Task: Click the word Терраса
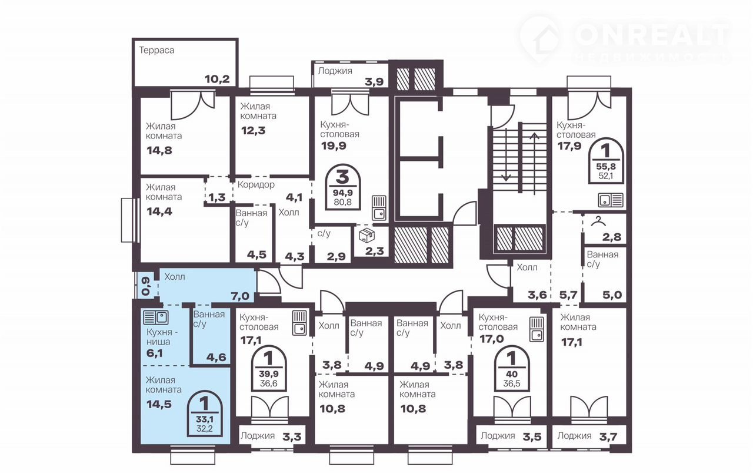[156, 51]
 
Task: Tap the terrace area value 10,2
[217, 79]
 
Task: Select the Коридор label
[256, 185]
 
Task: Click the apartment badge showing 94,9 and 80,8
[343, 187]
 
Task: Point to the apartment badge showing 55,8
[606, 161]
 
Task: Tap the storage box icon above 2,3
[366, 236]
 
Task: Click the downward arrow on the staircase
[506, 155]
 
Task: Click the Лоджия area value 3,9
[374, 82]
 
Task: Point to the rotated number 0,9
[145, 286]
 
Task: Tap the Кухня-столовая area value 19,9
[334, 146]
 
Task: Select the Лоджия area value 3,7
[608, 437]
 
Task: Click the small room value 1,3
[217, 197]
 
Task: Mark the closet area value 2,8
[612, 237]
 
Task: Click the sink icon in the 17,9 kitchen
[611, 200]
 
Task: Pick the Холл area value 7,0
[240, 296]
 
